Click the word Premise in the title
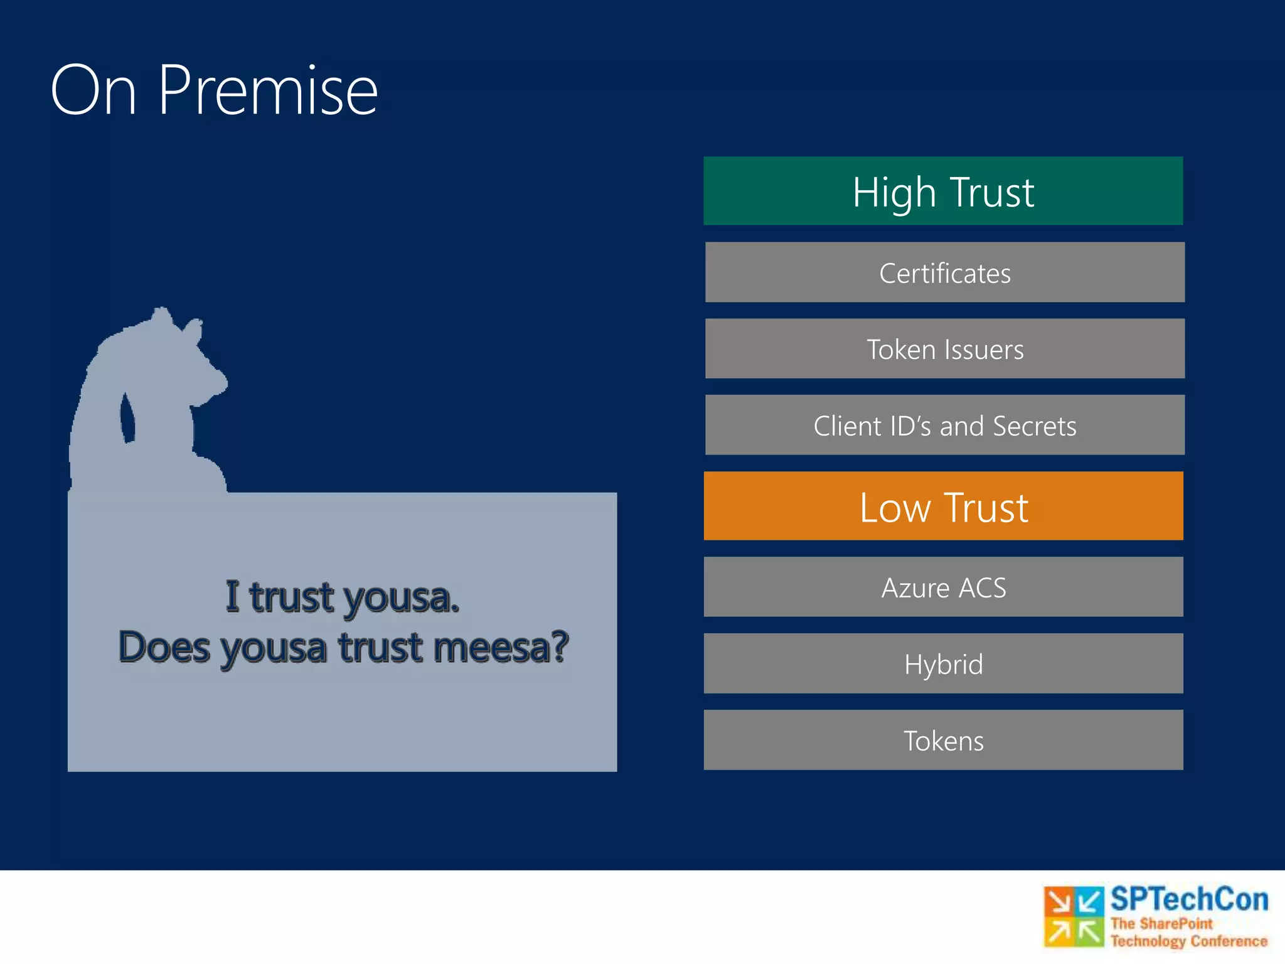(268, 91)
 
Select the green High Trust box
(943, 191)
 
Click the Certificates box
(944, 272)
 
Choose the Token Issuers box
(944, 349)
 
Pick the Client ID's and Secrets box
(944, 425)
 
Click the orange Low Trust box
(943, 506)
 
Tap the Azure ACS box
(943, 587)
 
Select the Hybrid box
(943, 663)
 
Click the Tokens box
(943, 740)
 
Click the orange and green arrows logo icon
(1074, 916)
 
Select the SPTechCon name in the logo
(1189, 899)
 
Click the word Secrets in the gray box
(1035, 426)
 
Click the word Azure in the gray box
(915, 588)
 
